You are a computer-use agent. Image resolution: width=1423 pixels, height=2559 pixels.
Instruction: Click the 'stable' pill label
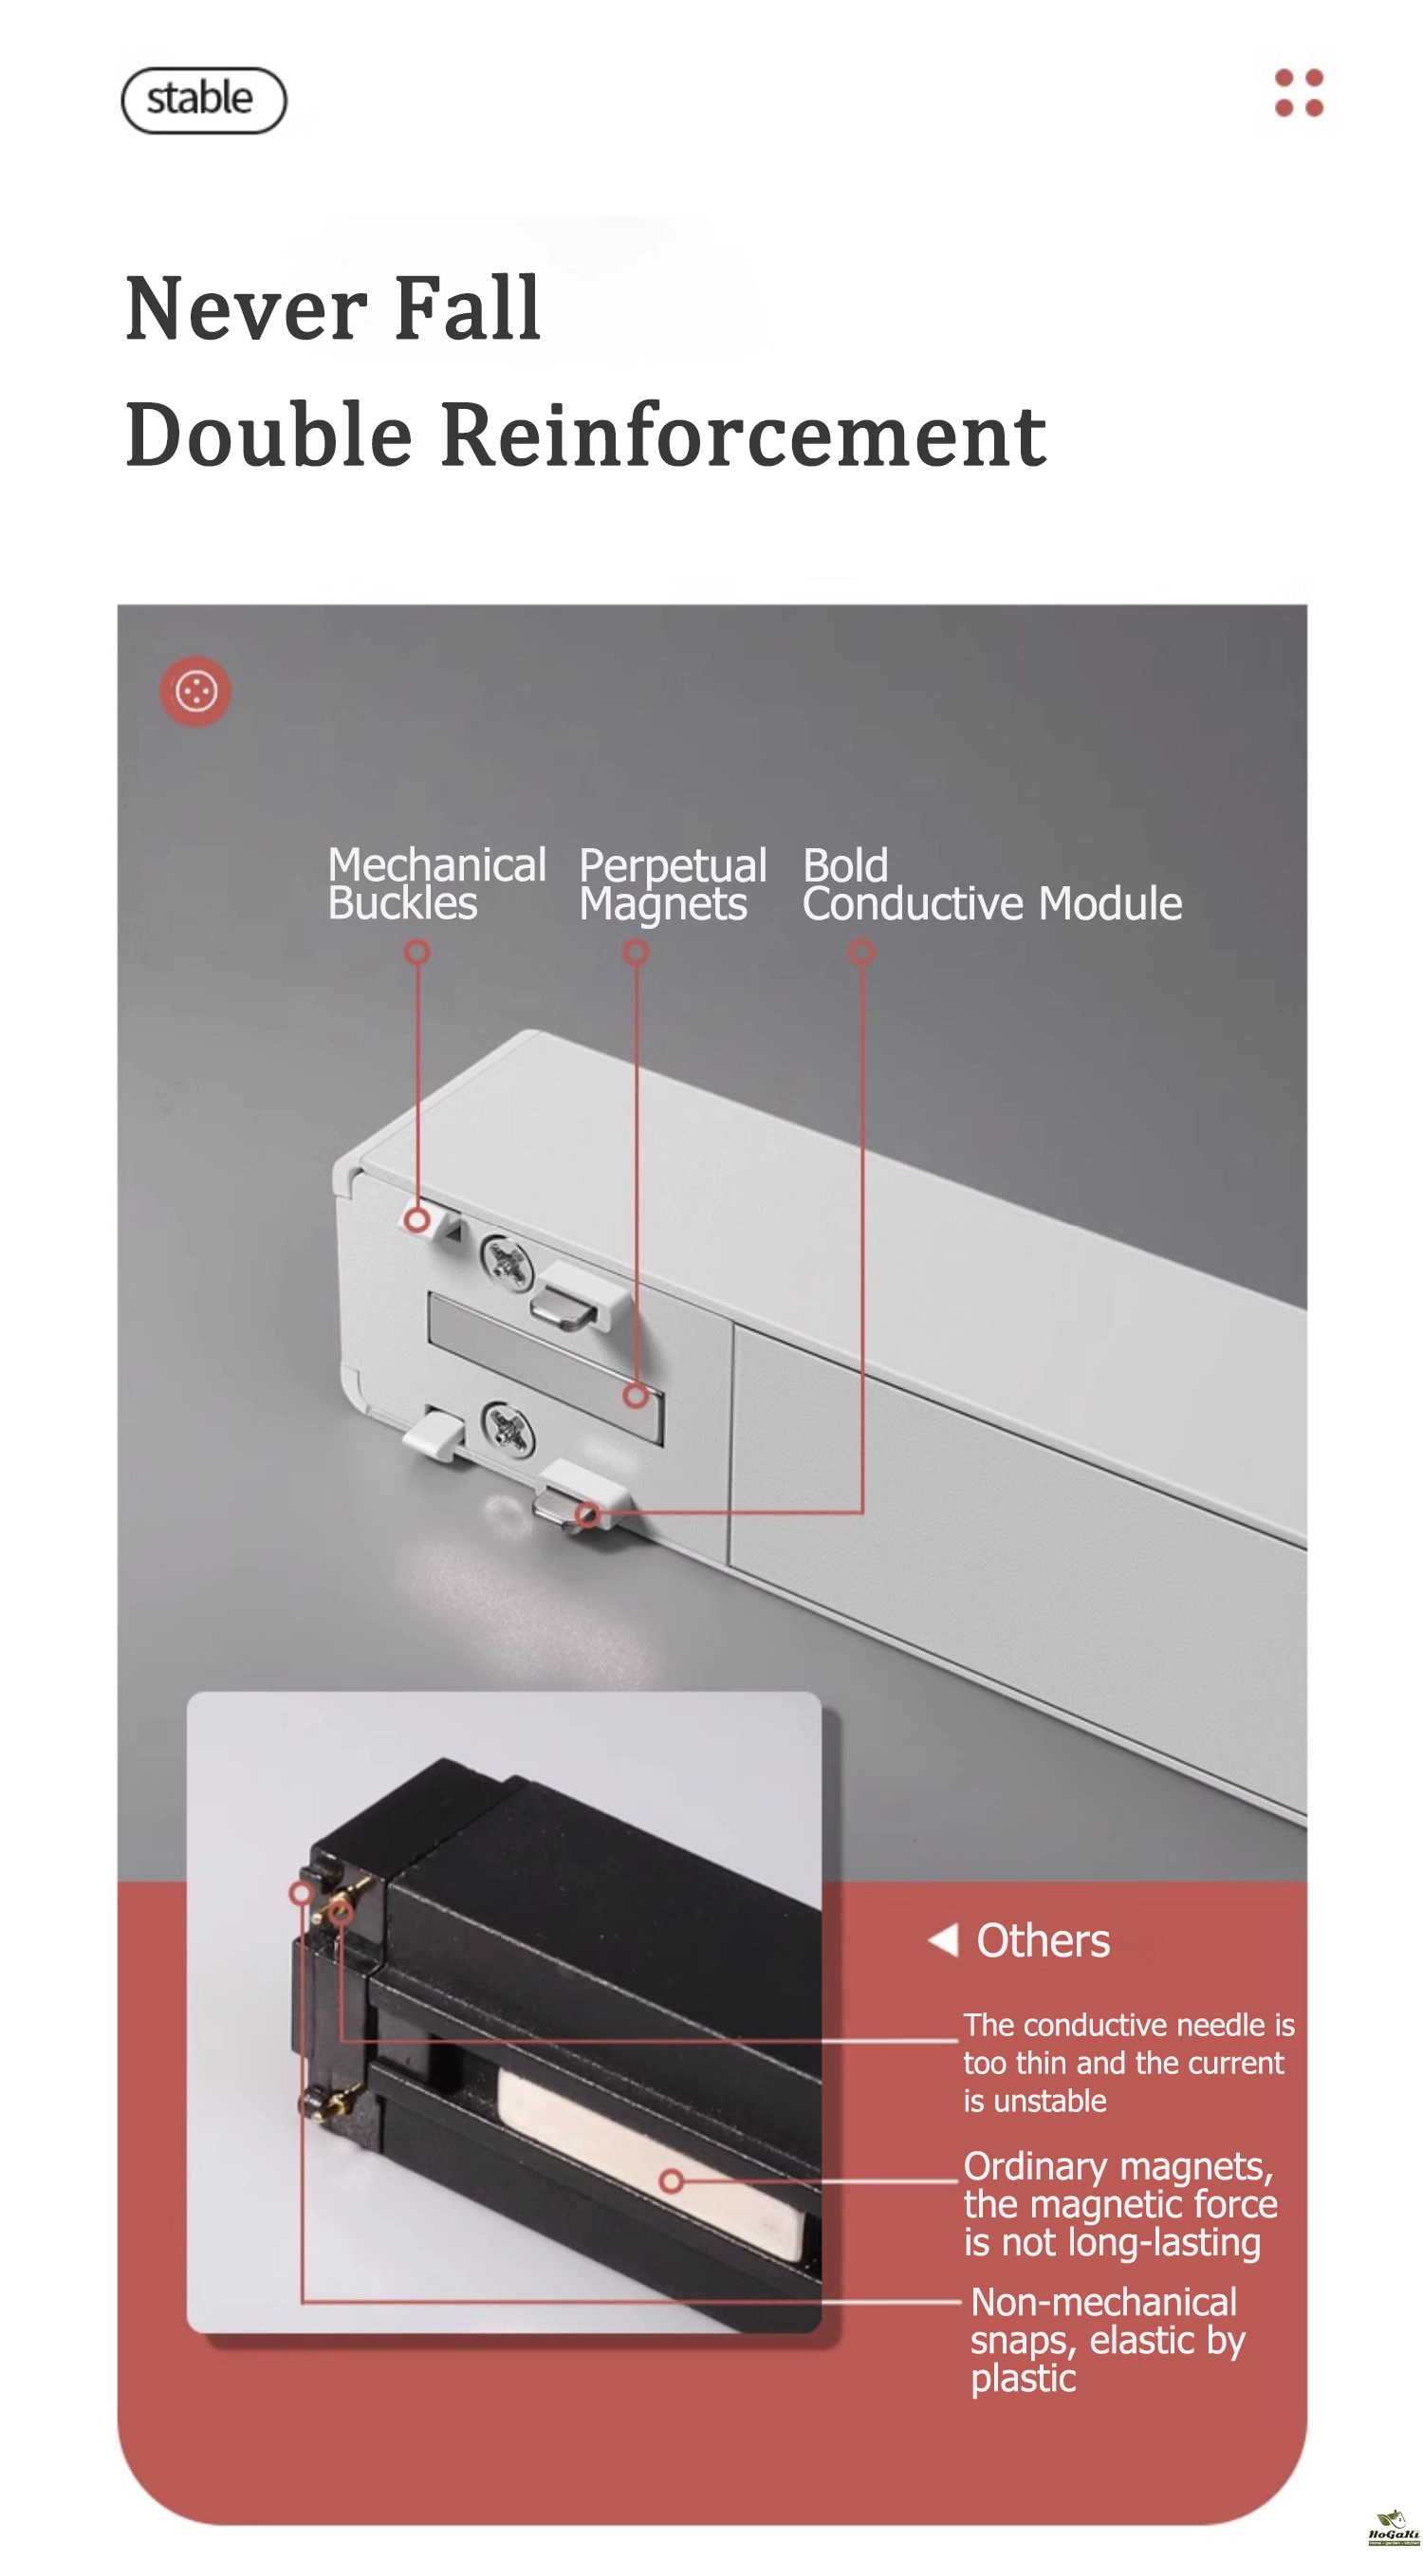(x=203, y=100)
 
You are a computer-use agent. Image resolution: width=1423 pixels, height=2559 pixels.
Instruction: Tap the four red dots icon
(x=1298, y=92)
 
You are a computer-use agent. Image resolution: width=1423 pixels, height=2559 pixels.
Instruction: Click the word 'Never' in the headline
(x=247, y=309)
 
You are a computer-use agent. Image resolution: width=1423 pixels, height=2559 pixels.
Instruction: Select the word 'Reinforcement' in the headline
(x=743, y=436)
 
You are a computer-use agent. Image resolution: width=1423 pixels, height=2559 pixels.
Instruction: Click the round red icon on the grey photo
(x=195, y=691)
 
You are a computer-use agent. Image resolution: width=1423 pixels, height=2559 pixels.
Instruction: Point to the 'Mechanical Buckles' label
(x=437, y=883)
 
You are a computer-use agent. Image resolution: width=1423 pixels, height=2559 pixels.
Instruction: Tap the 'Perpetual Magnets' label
(x=673, y=884)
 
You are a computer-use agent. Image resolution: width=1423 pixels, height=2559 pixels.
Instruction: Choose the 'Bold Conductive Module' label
(x=992, y=883)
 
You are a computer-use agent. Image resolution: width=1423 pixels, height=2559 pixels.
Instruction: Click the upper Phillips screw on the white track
(x=507, y=1263)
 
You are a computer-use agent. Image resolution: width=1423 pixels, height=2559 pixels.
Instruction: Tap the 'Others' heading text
(x=1043, y=1939)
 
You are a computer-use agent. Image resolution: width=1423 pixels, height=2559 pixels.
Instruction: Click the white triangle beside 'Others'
(x=943, y=1938)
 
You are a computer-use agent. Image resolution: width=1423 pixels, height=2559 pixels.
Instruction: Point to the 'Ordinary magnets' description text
(x=1120, y=2203)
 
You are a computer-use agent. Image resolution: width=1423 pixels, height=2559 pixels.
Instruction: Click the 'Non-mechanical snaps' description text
(x=1107, y=2340)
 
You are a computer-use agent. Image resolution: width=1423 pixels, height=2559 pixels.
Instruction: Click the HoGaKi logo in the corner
(x=1394, y=2526)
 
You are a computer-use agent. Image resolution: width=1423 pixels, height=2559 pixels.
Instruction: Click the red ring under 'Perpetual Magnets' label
(x=636, y=953)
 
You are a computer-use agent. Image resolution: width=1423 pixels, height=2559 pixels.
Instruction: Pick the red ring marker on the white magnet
(x=672, y=2181)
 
